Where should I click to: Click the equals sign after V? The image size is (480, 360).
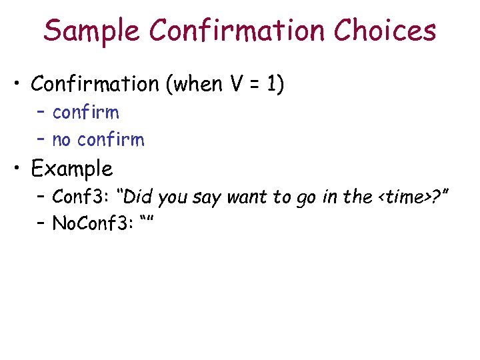253,85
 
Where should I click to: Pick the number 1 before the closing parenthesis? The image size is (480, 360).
271,84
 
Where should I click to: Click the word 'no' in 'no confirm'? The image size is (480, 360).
61,140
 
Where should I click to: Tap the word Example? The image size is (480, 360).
72,169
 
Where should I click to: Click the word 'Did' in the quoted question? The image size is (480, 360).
138,197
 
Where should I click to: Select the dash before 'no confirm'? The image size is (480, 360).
43,140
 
